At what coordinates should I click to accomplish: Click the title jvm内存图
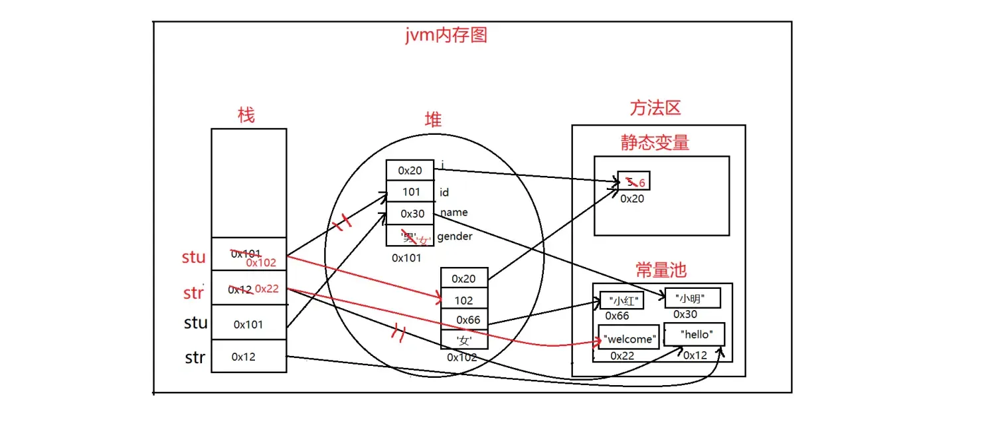point(446,35)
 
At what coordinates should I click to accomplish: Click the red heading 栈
point(246,116)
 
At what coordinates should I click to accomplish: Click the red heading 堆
point(433,120)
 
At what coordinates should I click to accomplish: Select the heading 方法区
point(655,108)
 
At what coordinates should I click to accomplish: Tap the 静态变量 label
point(655,143)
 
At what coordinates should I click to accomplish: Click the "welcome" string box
point(629,339)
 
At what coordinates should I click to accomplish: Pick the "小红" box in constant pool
point(622,301)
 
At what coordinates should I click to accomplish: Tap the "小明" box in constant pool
point(693,299)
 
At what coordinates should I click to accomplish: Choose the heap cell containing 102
point(464,300)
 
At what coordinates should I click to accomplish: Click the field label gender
point(455,236)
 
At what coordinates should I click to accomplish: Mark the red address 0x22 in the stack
point(267,289)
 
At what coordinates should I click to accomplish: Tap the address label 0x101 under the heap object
point(406,258)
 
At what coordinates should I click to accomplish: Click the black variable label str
point(195,358)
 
